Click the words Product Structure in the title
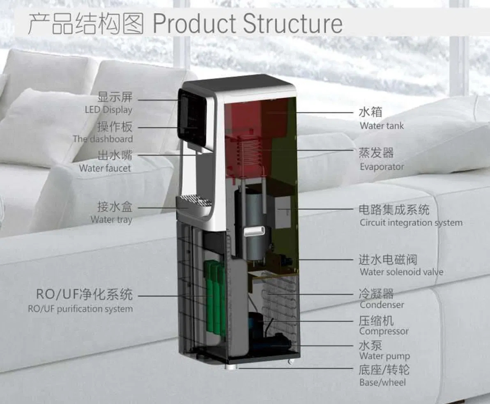click(x=248, y=23)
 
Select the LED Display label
click(x=109, y=110)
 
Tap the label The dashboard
click(x=103, y=139)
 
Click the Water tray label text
click(x=111, y=219)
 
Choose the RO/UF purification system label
click(x=81, y=309)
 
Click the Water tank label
click(x=382, y=126)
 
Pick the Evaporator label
click(x=382, y=166)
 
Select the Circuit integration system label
click(x=411, y=223)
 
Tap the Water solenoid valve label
click(x=401, y=272)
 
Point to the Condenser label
click(x=382, y=305)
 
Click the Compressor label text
click(x=384, y=331)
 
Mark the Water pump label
click(x=384, y=356)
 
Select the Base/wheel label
click(x=382, y=382)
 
